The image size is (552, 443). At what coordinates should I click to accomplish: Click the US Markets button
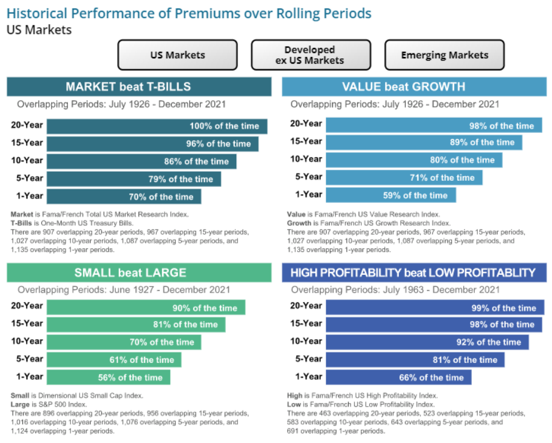[x=177, y=55]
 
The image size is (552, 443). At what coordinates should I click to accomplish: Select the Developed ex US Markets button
[x=310, y=55]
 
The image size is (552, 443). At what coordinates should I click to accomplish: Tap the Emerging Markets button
[x=444, y=55]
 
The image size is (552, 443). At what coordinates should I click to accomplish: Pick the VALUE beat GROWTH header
[x=414, y=86]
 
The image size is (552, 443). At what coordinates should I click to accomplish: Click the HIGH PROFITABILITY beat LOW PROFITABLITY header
[x=414, y=272]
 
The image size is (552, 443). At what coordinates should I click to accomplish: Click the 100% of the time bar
[x=157, y=126]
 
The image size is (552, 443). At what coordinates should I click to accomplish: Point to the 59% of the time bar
[x=390, y=195]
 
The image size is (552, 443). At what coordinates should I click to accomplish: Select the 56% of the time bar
[x=108, y=377]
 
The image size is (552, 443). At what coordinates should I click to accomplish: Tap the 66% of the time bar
[x=398, y=377]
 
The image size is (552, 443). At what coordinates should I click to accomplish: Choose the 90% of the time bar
[x=146, y=308]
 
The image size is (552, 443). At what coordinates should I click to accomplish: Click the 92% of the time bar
[x=427, y=342]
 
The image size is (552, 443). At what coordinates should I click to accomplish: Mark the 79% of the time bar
[x=134, y=179]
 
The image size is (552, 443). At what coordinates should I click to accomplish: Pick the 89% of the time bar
[x=424, y=143]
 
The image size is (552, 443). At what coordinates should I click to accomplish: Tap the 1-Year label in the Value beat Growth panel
[x=308, y=194]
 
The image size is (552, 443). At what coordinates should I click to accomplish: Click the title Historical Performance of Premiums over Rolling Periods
[x=189, y=13]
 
